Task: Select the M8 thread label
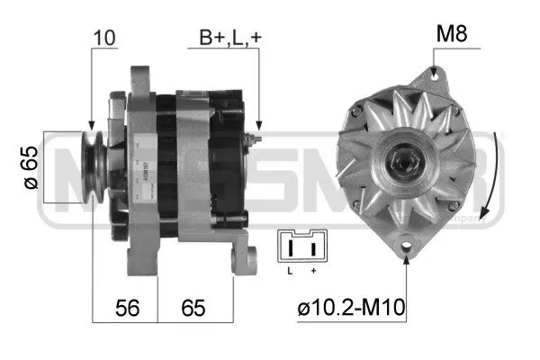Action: [x=453, y=34]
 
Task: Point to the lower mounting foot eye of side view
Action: [x=240, y=262]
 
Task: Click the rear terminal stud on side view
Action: [x=256, y=141]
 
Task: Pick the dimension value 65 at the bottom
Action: [x=192, y=308]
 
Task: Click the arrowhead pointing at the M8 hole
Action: [x=433, y=71]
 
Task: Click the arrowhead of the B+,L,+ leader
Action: [x=259, y=126]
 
